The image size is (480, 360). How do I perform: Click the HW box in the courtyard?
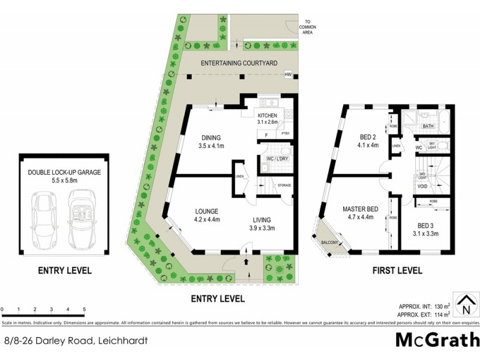(289, 75)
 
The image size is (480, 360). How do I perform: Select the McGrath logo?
(436, 340)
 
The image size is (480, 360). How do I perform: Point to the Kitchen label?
(268, 116)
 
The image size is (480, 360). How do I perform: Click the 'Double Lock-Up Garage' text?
(64, 172)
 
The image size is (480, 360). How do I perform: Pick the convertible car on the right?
(81, 214)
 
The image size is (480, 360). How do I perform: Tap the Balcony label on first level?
(329, 242)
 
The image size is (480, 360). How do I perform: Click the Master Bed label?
(359, 209)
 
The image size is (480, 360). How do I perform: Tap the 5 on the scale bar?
(84, 310)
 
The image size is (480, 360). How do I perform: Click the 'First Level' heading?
(398, 271)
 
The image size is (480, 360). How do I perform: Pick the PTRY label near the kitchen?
(286, 134)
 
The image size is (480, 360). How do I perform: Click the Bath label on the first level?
(428, 127)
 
